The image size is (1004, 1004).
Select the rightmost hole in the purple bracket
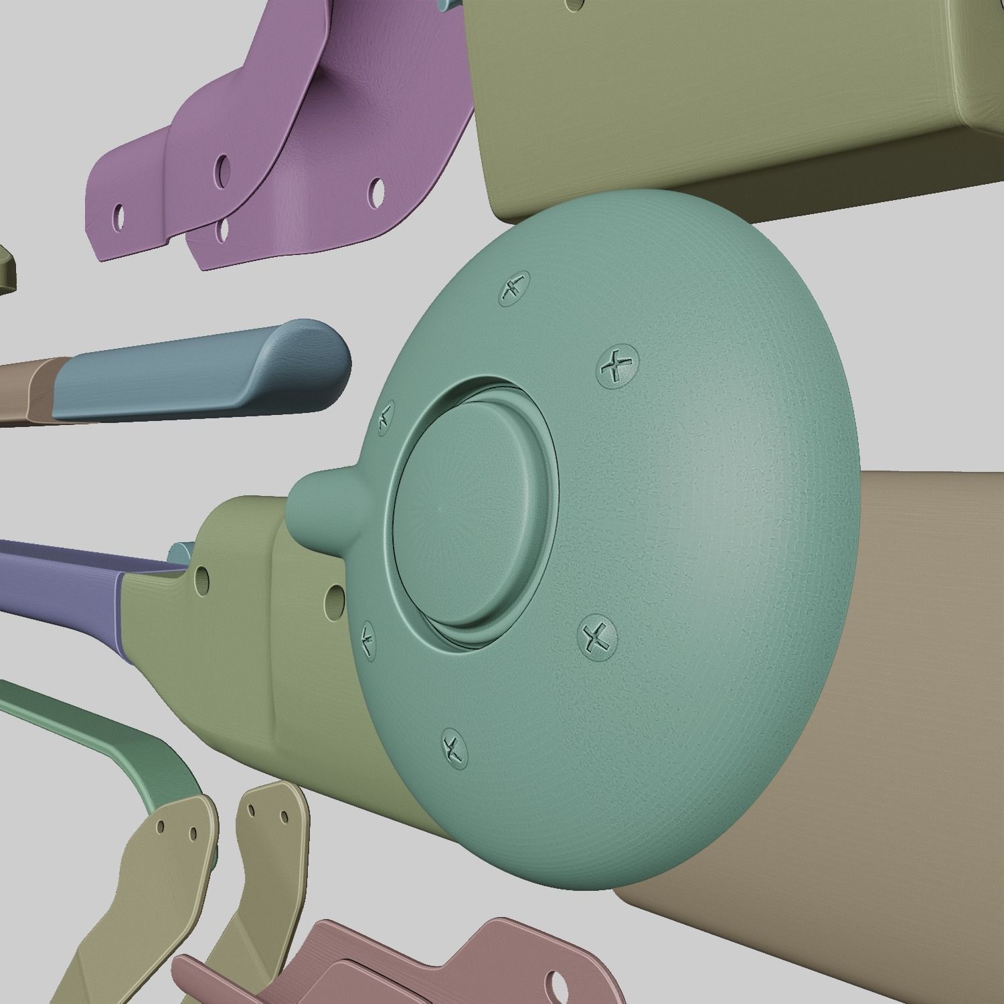pyautogui.click(x=377, y=191)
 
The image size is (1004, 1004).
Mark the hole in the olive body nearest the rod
pyautogui.click(x=200, y=580)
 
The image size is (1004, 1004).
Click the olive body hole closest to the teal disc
pyautogui.click(x=334, y=598)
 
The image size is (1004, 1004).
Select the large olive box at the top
pyautogui.click(x=703, y=100)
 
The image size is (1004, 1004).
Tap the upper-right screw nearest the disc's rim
pyautogui.click(x=617, y=365)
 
